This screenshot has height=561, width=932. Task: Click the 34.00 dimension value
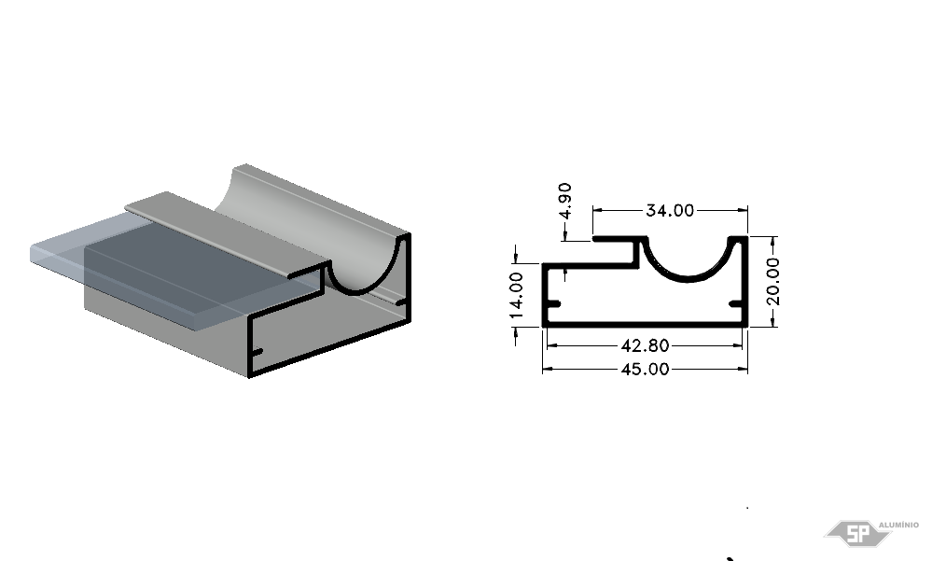[x=669, y=211]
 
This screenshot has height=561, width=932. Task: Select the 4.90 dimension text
[x=565, y=201]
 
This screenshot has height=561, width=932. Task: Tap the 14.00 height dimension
[x=516, y=295]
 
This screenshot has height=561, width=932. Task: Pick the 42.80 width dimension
[x=645, y=345]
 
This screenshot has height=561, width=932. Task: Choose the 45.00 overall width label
[x=645, y=370]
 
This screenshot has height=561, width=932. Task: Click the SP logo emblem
[x=857, y=533]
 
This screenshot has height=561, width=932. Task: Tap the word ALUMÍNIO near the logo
[x=898, y=525]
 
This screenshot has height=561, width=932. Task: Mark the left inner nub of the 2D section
[x=553, y=304]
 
